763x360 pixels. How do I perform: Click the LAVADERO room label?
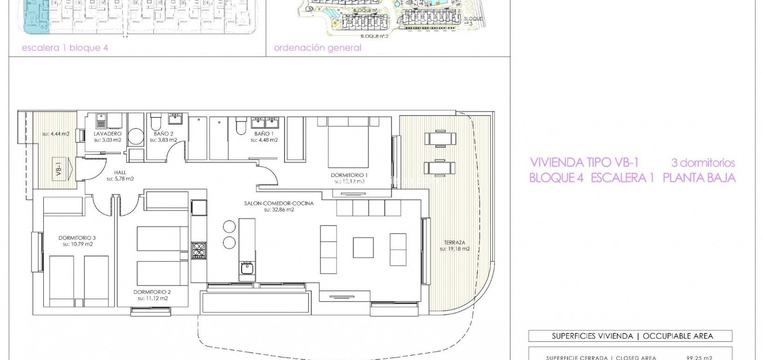tap(108, 134)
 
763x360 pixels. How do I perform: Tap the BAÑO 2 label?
tap(163, 134)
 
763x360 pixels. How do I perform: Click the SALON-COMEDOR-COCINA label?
tap(279, 203)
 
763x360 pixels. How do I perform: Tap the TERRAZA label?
tap(454, 243)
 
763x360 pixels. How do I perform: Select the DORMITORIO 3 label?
tap(77, 238)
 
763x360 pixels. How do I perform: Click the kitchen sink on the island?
tap(246, 268)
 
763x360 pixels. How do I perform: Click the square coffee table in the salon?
tap(362, 247)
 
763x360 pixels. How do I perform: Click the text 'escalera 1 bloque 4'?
tap(65, 48)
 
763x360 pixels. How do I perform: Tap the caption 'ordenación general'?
tap(317, 48)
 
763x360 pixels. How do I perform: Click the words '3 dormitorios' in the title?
tap(703, 163)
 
